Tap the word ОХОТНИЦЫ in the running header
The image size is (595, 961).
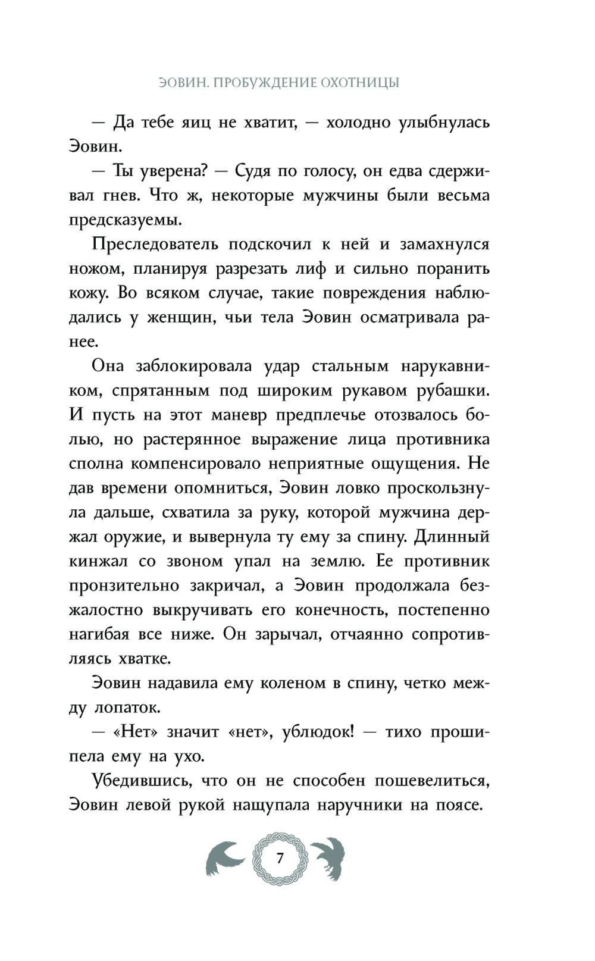point(360,83)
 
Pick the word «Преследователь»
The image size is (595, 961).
point(156,245)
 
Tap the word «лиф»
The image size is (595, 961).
point(314,269)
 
